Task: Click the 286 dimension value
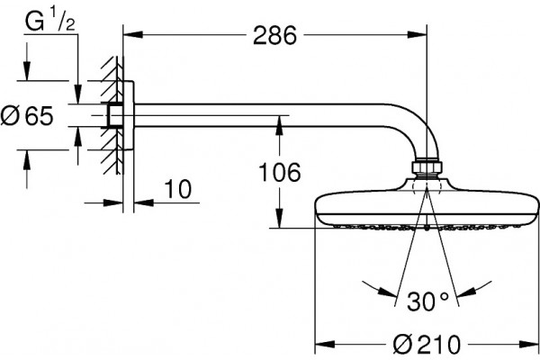(274, 35)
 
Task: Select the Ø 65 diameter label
(27, 116)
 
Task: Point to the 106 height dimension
(279, 172)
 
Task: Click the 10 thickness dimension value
(177, 189)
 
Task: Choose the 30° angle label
(428, 301)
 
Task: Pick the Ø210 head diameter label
(427, 344)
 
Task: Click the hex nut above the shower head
(427, 166)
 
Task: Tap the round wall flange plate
(129, 115)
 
